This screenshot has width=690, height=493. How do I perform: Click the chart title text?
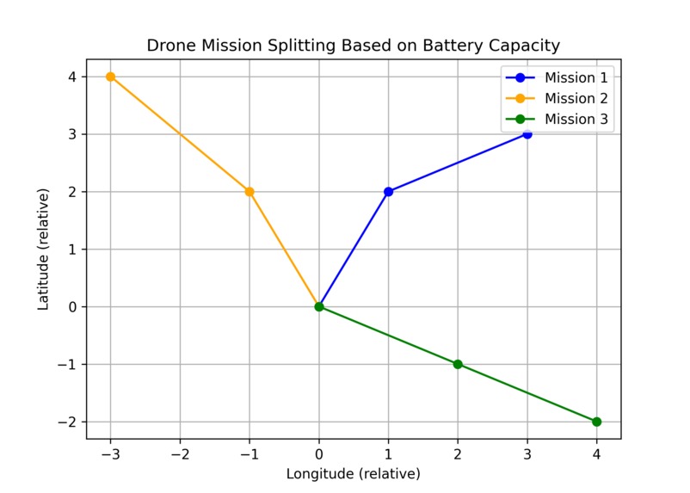pos(353,45)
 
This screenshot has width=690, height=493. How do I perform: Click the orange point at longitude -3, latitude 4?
pos(110,77)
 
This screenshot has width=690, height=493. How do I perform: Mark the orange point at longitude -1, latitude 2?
pos(250,192)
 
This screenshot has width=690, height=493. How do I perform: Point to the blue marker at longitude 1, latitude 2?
pos(388,192)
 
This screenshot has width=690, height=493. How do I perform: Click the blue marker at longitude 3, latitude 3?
pos(527,134)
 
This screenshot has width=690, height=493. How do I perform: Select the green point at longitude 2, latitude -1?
pos(458,364)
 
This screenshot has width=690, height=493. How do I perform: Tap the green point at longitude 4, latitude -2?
pos(596,422)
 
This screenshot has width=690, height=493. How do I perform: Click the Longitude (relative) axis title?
pos(353,474)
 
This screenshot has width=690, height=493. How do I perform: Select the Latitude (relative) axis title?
pos(43,250)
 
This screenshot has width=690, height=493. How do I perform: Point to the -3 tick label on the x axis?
pos(109,453)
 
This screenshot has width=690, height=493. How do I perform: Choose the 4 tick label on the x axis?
pos(596,453)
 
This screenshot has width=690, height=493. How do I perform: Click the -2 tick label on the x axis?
pos(179,453)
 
